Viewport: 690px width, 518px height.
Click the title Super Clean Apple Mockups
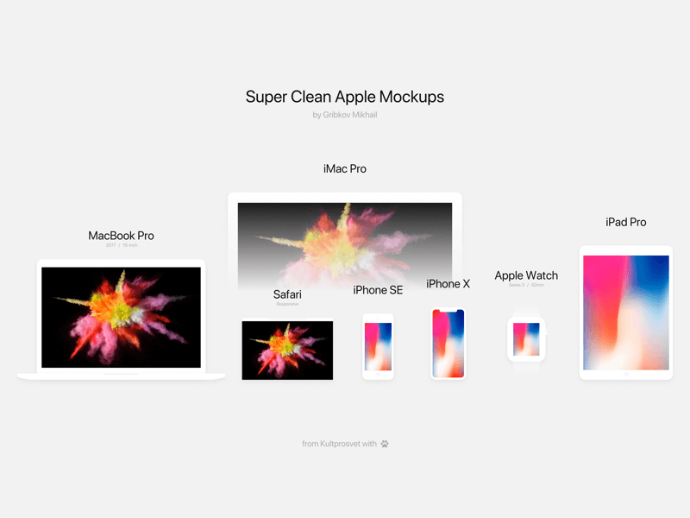click(x=345, y=97)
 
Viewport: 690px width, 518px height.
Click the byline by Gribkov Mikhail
click(x=345, y=115)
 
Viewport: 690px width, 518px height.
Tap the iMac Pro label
click(x=345, y=168)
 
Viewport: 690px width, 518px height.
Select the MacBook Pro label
click(x=121, y=236)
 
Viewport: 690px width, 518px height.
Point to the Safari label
click(x=287, y=294)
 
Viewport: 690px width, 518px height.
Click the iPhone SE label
click(x=378, y=290)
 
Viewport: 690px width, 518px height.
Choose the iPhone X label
click(x=448, y=284)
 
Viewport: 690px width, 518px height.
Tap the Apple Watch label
click(x=526, y=275)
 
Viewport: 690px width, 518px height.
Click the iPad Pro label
click(x=625, y=222)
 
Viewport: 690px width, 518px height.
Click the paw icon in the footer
click(x=385, y=444)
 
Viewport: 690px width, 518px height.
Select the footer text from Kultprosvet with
click(x=339, y=444)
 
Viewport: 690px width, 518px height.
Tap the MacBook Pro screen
click(x=121, y=317)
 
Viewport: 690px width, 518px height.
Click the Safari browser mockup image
click(x=287, y=350)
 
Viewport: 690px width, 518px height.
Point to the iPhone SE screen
click(x=378, y=346)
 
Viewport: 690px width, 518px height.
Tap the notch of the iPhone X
click(x=448, y=311)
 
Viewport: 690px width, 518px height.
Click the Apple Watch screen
click(x=526, y=339)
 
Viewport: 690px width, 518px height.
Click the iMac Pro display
click(x=345, y=237)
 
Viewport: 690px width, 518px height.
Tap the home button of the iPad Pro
click(x=625, y=375)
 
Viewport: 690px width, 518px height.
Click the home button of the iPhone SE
click(x=378, y=374)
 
